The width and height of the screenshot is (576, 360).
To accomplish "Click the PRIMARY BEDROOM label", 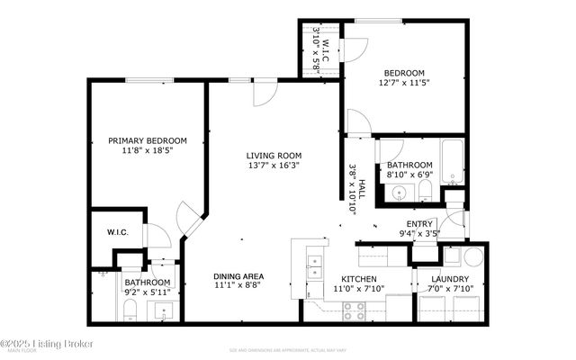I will (148, 140).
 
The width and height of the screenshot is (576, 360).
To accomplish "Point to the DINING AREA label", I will (239, 274).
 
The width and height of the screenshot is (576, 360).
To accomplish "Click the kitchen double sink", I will (313, 265).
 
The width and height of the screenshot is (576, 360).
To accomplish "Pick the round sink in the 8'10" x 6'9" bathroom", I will (400, 191).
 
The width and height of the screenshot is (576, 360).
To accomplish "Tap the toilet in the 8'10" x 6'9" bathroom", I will (427, 190).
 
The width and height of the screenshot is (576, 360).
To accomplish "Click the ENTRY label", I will (420, 224).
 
